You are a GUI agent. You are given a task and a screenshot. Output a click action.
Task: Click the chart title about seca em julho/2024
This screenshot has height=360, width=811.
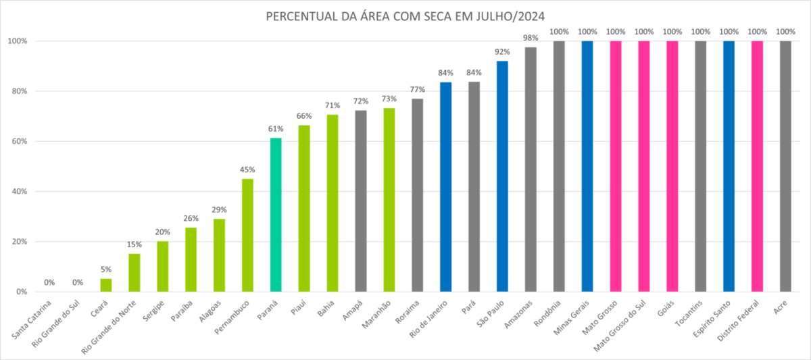pos(406,16)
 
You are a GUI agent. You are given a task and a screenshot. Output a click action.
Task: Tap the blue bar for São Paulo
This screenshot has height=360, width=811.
pos(502,176)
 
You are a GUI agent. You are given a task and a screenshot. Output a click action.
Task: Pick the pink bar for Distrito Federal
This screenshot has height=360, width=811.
pos(757,166)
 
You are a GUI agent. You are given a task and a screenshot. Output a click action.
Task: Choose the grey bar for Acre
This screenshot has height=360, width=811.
pos(785,166)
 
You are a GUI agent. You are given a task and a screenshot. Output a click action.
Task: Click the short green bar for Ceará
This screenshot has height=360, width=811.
pos(106,285)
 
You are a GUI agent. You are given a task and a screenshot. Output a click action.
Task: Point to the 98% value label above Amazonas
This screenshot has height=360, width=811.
pos(531,38)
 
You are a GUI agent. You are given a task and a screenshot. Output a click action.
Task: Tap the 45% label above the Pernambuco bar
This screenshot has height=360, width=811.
pos(247,170)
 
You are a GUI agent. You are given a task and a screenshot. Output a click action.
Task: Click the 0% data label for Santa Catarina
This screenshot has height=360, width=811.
pos(49,282)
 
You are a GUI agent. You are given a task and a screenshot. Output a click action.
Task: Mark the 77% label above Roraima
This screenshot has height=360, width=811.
pos(417,90)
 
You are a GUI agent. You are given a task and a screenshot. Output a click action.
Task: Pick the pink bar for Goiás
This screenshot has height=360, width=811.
pos(672,166)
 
